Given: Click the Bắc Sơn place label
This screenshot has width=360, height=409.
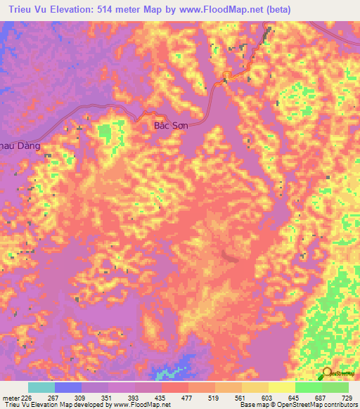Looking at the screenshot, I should coord(169,127).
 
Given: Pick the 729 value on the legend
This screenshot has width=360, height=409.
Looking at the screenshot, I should coord(345,397).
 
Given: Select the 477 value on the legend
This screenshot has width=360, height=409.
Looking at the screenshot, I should coord(186,397).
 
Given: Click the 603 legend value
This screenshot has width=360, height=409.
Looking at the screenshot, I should coord(266,397).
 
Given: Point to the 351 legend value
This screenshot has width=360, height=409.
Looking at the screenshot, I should coord(107,397).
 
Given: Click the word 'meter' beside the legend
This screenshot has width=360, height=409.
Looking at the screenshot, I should coord(10,397).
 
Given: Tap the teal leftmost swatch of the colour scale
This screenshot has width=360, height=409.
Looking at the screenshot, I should coord(41,387).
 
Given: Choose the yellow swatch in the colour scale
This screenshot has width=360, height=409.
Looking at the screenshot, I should coord(281,387).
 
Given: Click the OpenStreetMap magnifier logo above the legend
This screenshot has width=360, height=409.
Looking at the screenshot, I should coord(328,374).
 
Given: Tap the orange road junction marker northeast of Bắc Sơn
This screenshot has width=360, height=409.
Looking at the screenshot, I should coord(227,76).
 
